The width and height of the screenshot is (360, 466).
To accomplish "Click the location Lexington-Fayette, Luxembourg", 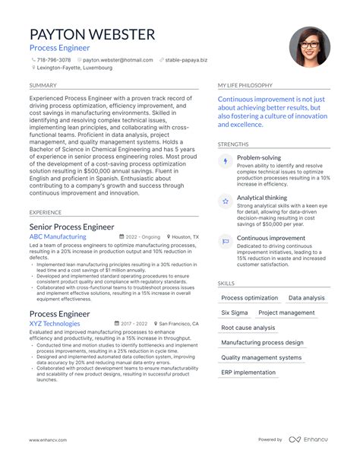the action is pos(74,67).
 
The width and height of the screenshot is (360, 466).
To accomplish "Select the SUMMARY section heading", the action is pos(43,85).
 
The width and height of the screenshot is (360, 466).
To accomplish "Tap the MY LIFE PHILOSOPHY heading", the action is pos(248,85).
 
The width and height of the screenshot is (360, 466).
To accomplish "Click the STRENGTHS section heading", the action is pos(232,144).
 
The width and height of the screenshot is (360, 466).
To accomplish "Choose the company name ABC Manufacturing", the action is pos(58,236).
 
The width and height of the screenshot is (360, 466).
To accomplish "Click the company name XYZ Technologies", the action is pos(55,324).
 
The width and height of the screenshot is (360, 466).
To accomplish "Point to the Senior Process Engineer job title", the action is pos(72,226).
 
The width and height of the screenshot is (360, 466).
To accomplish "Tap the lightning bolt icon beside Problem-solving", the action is pos(226,162).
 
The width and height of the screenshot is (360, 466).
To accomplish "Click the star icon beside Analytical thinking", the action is pos(226,201).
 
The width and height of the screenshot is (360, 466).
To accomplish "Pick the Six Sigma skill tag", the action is pos(234,312).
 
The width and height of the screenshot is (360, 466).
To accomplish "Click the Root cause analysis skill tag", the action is pos(248,328).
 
